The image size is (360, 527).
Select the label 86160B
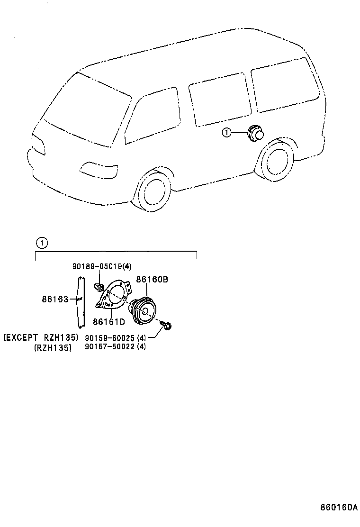click(152, 280)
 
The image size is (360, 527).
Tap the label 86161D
click(108, 322)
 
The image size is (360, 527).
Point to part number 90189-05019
click(97, 267)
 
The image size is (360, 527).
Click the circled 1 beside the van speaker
click(227, 134)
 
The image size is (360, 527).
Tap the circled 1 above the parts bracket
click(42, 244)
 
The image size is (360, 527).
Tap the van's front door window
click(153, 116)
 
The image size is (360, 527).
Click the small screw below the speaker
click(167, 325)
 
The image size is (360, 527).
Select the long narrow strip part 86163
click(80, 302)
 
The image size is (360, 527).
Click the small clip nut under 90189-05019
click(100, 287)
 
